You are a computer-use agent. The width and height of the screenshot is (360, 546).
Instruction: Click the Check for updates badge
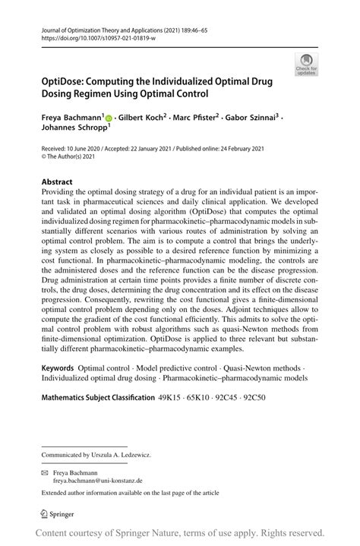[308, 65]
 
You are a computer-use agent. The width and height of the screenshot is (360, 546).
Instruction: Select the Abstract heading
[57, 182]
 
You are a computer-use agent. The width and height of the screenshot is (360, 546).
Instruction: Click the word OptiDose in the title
[66, 81]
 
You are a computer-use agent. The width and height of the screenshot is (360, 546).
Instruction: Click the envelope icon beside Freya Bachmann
[45, 472]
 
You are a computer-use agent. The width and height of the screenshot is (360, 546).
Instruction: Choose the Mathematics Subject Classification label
[96, 397]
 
